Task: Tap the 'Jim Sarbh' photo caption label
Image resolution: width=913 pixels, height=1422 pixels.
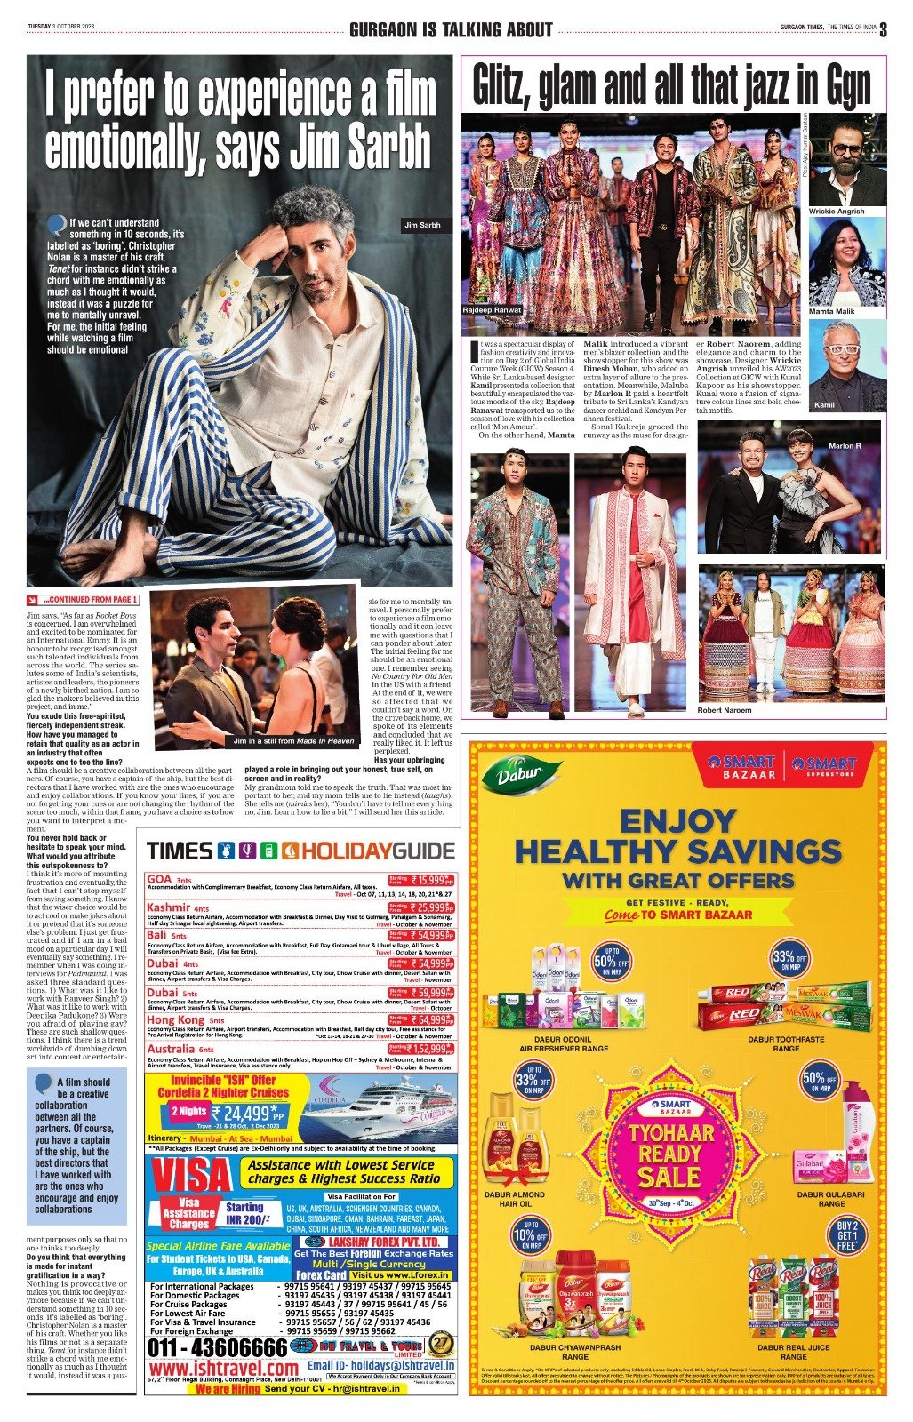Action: [422, 226]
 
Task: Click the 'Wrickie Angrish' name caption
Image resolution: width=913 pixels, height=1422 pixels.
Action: [836, 212]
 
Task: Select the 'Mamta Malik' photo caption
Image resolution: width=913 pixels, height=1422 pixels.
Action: [830, 312]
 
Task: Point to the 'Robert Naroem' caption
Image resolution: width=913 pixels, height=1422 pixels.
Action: [724, 710]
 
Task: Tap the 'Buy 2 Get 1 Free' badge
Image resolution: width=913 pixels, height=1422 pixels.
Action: [847, 1236]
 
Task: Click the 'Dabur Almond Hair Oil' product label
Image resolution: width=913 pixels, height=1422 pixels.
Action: [515, 1199]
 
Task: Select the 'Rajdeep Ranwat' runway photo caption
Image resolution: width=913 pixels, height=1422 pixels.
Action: [492, 310]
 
